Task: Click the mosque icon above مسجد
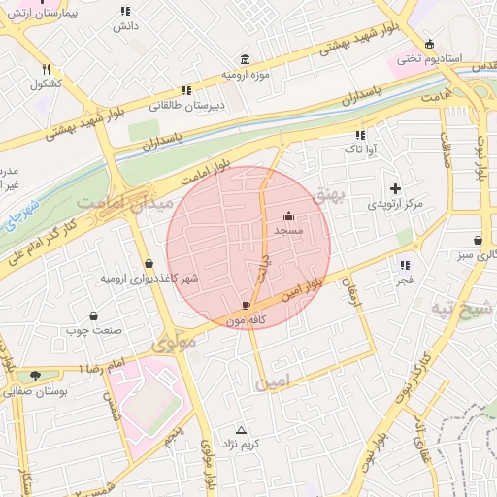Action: pos(288,216)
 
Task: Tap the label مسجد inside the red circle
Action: pos(288,231)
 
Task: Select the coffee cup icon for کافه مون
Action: pos(246,306)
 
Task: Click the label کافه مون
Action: pos(246,319)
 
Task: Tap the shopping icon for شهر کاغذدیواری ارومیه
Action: pos(149,263)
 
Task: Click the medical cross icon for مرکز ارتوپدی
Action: pos(394,188)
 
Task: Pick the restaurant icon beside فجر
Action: pos(404,264)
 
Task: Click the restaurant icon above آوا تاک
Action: pos(360,136)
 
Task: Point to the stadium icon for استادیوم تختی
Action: pos(430,44)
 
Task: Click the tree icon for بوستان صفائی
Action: pos(36,376)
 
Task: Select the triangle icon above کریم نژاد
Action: pos(242,429)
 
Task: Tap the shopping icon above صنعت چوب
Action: pos(94,315)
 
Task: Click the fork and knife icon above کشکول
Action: pos(46,69)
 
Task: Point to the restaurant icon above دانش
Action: pos(124,11)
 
